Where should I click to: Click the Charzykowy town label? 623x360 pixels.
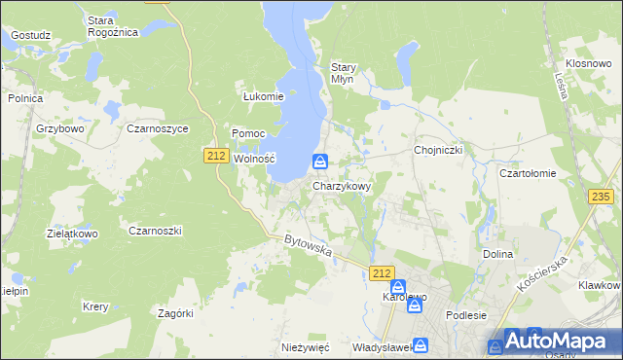tap(341, 185)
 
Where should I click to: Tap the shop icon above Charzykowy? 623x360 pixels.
tap(320, 162)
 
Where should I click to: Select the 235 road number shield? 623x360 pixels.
tap(602, 197)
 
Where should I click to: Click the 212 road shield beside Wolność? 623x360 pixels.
tap(216, 155)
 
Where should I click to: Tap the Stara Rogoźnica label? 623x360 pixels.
tap(112, 26)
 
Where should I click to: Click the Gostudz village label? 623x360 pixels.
tap(30, 35)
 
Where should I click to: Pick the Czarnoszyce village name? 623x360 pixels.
tap(157, 127)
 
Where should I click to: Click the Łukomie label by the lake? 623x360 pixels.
tap(263, 96)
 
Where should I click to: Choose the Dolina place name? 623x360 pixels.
tap(496, 254)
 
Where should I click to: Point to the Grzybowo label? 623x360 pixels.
tap(61, 127)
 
